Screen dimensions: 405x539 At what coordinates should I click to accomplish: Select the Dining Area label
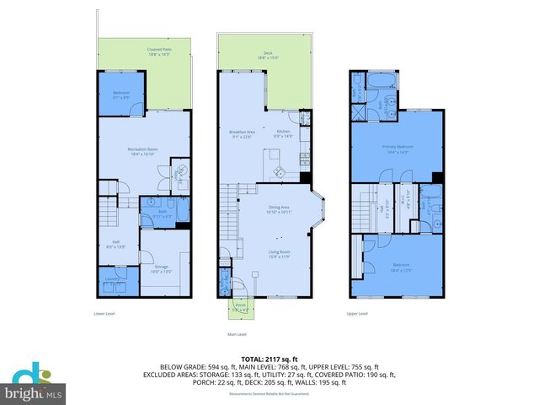[279, 208]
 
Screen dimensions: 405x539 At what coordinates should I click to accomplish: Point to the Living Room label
[279, 255]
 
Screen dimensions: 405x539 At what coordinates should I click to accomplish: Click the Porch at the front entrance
[242, 307]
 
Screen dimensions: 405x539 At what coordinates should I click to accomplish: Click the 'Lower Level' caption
[104, 314]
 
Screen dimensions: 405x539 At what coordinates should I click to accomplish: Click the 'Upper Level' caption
[357, 314]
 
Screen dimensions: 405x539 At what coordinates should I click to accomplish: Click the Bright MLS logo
[33, 384]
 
